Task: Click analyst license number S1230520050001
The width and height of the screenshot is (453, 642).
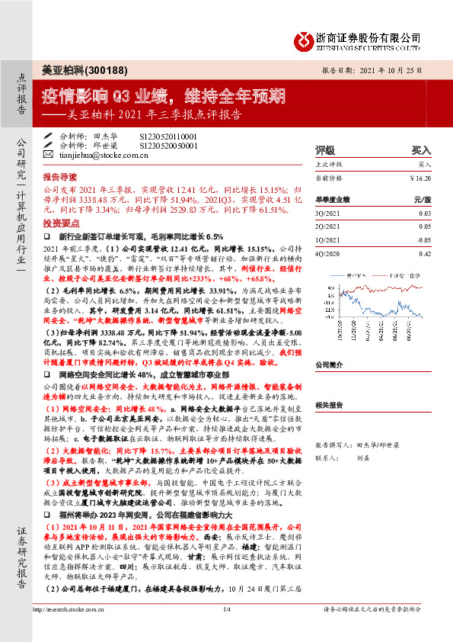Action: click(168, 146)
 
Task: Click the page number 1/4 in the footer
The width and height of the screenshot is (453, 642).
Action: click(226, 631)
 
